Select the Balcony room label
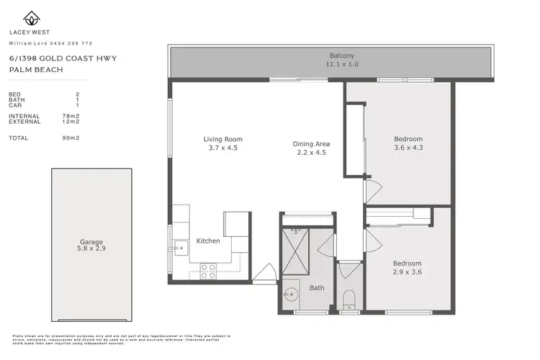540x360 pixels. coord(342,55)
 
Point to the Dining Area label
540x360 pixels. coord(312,143)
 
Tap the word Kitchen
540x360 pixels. coord(208,240)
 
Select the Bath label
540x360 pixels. coord(317,288)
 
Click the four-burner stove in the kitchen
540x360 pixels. coord(208,271)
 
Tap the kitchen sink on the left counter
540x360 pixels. coord(179,247)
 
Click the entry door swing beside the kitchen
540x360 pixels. coord(264,274)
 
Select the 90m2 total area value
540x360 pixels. coord(71,138)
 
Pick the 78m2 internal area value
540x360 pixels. coord(71,116)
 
